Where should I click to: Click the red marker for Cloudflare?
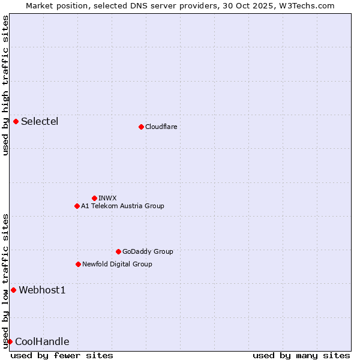[x=141, y=127]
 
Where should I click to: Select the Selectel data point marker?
[x=16, y=122]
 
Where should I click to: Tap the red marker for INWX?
[x=94, y=198]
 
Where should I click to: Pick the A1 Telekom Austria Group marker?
[x=77, y=206]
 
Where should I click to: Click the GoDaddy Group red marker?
[x=118, y=251]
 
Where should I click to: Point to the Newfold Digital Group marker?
[x=78, y=264]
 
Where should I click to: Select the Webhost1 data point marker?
[x=13, y=290]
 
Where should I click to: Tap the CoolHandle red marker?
[x=10, y=342]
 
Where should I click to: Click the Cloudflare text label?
[x=161, y=127]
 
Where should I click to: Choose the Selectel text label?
[x=40, y=122]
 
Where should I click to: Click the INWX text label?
[x=107, y=198]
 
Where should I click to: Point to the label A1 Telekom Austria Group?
[x=122, y=206]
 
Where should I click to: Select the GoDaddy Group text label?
[x=148, y=251]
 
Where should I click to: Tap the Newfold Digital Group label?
[x=117, y=264]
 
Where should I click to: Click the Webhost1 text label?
[x=42, y=290]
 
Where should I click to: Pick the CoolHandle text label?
[x=42, y=342]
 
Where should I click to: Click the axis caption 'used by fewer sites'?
[x=62, y=355]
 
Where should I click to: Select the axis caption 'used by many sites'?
[x=301, y=355]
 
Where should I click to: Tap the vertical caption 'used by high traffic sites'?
[x=5, y=85]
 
